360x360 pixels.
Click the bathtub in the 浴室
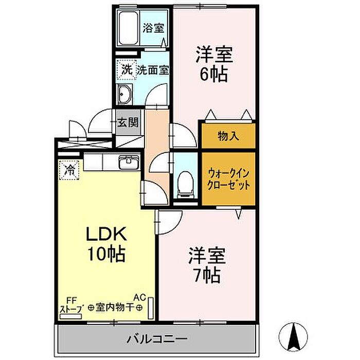point(128,28)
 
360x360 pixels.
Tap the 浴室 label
point(153,28)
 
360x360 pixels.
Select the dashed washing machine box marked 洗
point(127,69)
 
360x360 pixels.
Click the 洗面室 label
point(153,70)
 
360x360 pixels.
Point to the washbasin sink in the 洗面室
point(124,94)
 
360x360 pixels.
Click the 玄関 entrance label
point(128,122)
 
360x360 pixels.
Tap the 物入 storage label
point(228,136)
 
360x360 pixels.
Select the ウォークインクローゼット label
point(228,179)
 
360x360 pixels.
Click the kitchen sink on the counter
point(129,161)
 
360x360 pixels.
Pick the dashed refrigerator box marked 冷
point(69,170)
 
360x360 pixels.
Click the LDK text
point(106,233)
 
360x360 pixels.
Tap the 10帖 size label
point(106,254)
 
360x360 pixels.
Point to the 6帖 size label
point(214,74)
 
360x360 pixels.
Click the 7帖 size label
point(207,275)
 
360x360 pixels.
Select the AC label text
point(140,298)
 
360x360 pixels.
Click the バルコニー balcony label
point(157,339)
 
